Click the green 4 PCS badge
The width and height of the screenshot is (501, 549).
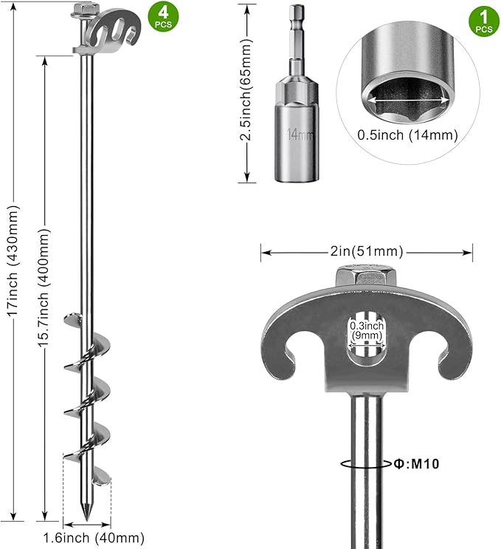point(163,16)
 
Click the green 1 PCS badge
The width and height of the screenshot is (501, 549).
point(484,21)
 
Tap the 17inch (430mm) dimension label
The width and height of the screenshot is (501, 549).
point(13,261)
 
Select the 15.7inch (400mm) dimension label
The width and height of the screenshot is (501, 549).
point(44,287)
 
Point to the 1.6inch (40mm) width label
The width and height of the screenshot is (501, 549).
point(94,537)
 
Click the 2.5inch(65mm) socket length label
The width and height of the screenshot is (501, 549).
point(246,89)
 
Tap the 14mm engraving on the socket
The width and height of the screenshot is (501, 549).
point(300,134)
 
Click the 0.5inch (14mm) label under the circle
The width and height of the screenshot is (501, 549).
point(407,134)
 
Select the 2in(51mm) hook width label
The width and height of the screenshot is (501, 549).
point(367,251)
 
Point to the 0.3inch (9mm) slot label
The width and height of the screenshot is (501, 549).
point(367,331)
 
